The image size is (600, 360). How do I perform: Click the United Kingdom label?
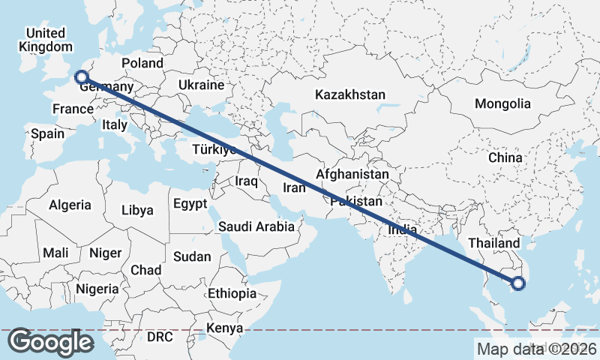tap(45, 40)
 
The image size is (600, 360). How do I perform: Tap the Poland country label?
tap(142, 64)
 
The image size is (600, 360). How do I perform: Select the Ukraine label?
tap(201, 85)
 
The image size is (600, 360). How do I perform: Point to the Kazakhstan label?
tap(350, 95)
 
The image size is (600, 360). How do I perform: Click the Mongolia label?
tap(502, 104)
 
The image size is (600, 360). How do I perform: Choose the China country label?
tap(505, 158)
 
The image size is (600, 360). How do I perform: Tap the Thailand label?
tap(493, 244)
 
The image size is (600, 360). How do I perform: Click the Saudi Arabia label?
tap(256, 226)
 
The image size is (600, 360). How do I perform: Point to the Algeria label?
tap(70, 205)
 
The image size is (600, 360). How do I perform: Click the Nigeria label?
tap(97, 289)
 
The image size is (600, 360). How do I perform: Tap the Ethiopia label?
tap(232, 293)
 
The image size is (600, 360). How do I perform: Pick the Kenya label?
tap(225, 328)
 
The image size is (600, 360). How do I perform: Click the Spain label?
tap(47, 134)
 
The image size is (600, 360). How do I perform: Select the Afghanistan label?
tap(352, 175)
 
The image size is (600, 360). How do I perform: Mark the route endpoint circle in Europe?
tap(81, 76)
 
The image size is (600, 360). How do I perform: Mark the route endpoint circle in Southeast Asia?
tap(518, 283)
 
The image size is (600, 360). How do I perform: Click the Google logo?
tap(50, 342)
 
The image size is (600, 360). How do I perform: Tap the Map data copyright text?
tap(536, 348)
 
